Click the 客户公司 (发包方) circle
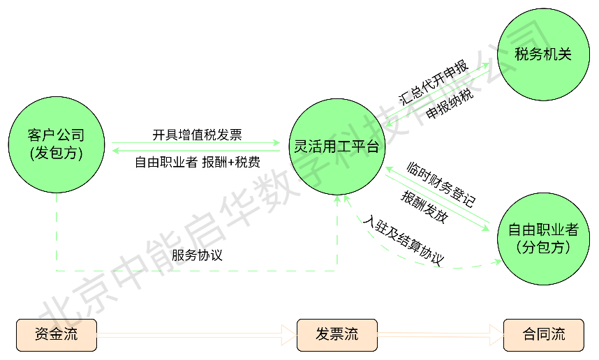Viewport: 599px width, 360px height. pos(57,144)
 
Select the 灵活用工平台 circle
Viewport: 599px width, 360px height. pos(337,147)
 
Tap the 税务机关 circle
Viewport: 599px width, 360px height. pos(543,54)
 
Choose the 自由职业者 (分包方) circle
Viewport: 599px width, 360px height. pos(543,239)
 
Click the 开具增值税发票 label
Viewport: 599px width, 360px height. pos(198,134)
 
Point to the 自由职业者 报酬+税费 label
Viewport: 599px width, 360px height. pos(198,163)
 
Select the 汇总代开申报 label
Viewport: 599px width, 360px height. pos(433,82)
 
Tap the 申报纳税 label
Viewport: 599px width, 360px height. pos(450,105)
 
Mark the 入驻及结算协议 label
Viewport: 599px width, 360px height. pos(405,240)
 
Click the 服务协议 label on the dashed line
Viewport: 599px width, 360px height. pos(198,255)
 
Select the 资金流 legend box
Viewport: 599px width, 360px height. pos(56,335)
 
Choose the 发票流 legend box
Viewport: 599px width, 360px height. pos(337,335)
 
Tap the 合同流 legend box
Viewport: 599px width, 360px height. pos(543,335)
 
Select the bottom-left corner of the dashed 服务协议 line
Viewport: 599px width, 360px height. pos(57,270)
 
